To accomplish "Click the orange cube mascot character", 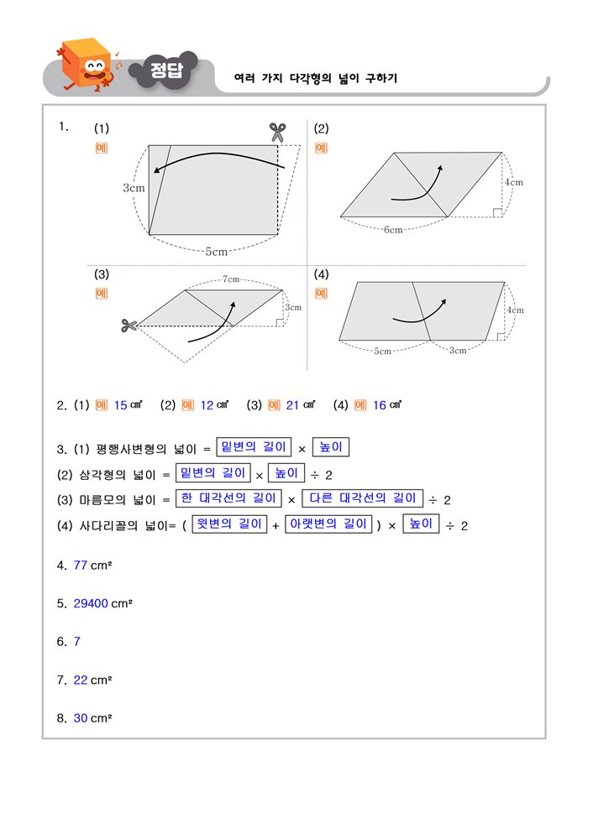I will [87, 65].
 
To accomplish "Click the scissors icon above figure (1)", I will [278, 132].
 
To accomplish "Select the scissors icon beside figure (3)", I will [129, 325].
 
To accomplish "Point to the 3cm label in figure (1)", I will [134, 188].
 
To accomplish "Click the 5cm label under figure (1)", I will [216, 251].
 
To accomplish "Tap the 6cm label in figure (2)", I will [392, 229].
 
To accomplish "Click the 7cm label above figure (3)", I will [231, 279].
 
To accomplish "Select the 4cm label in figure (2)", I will [513, 182].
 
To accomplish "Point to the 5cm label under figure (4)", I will [382, 351].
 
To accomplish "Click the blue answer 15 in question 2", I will [120, 405].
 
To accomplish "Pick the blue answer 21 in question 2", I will [292, 405].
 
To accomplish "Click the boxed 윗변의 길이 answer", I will [228, 524].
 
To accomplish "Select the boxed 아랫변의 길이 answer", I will [328, 524].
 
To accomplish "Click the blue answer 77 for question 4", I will [81, 565].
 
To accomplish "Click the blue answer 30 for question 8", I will [81, 718].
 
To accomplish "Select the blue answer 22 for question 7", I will [81, 680].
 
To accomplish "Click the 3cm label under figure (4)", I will [458, 351].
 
